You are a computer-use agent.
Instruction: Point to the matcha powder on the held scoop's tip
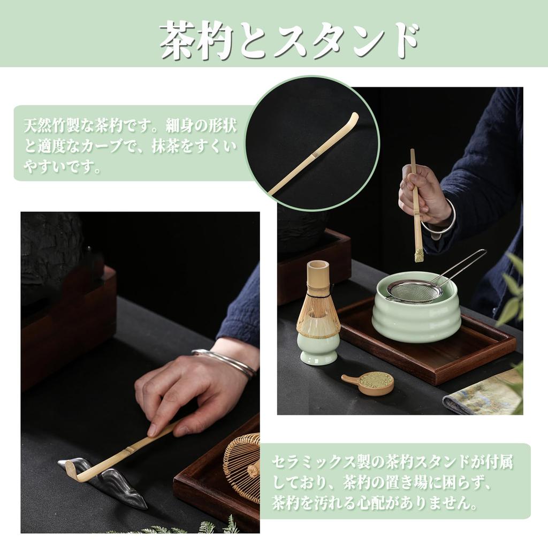point(419,255)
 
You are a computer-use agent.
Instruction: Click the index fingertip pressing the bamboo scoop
point(152,431)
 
